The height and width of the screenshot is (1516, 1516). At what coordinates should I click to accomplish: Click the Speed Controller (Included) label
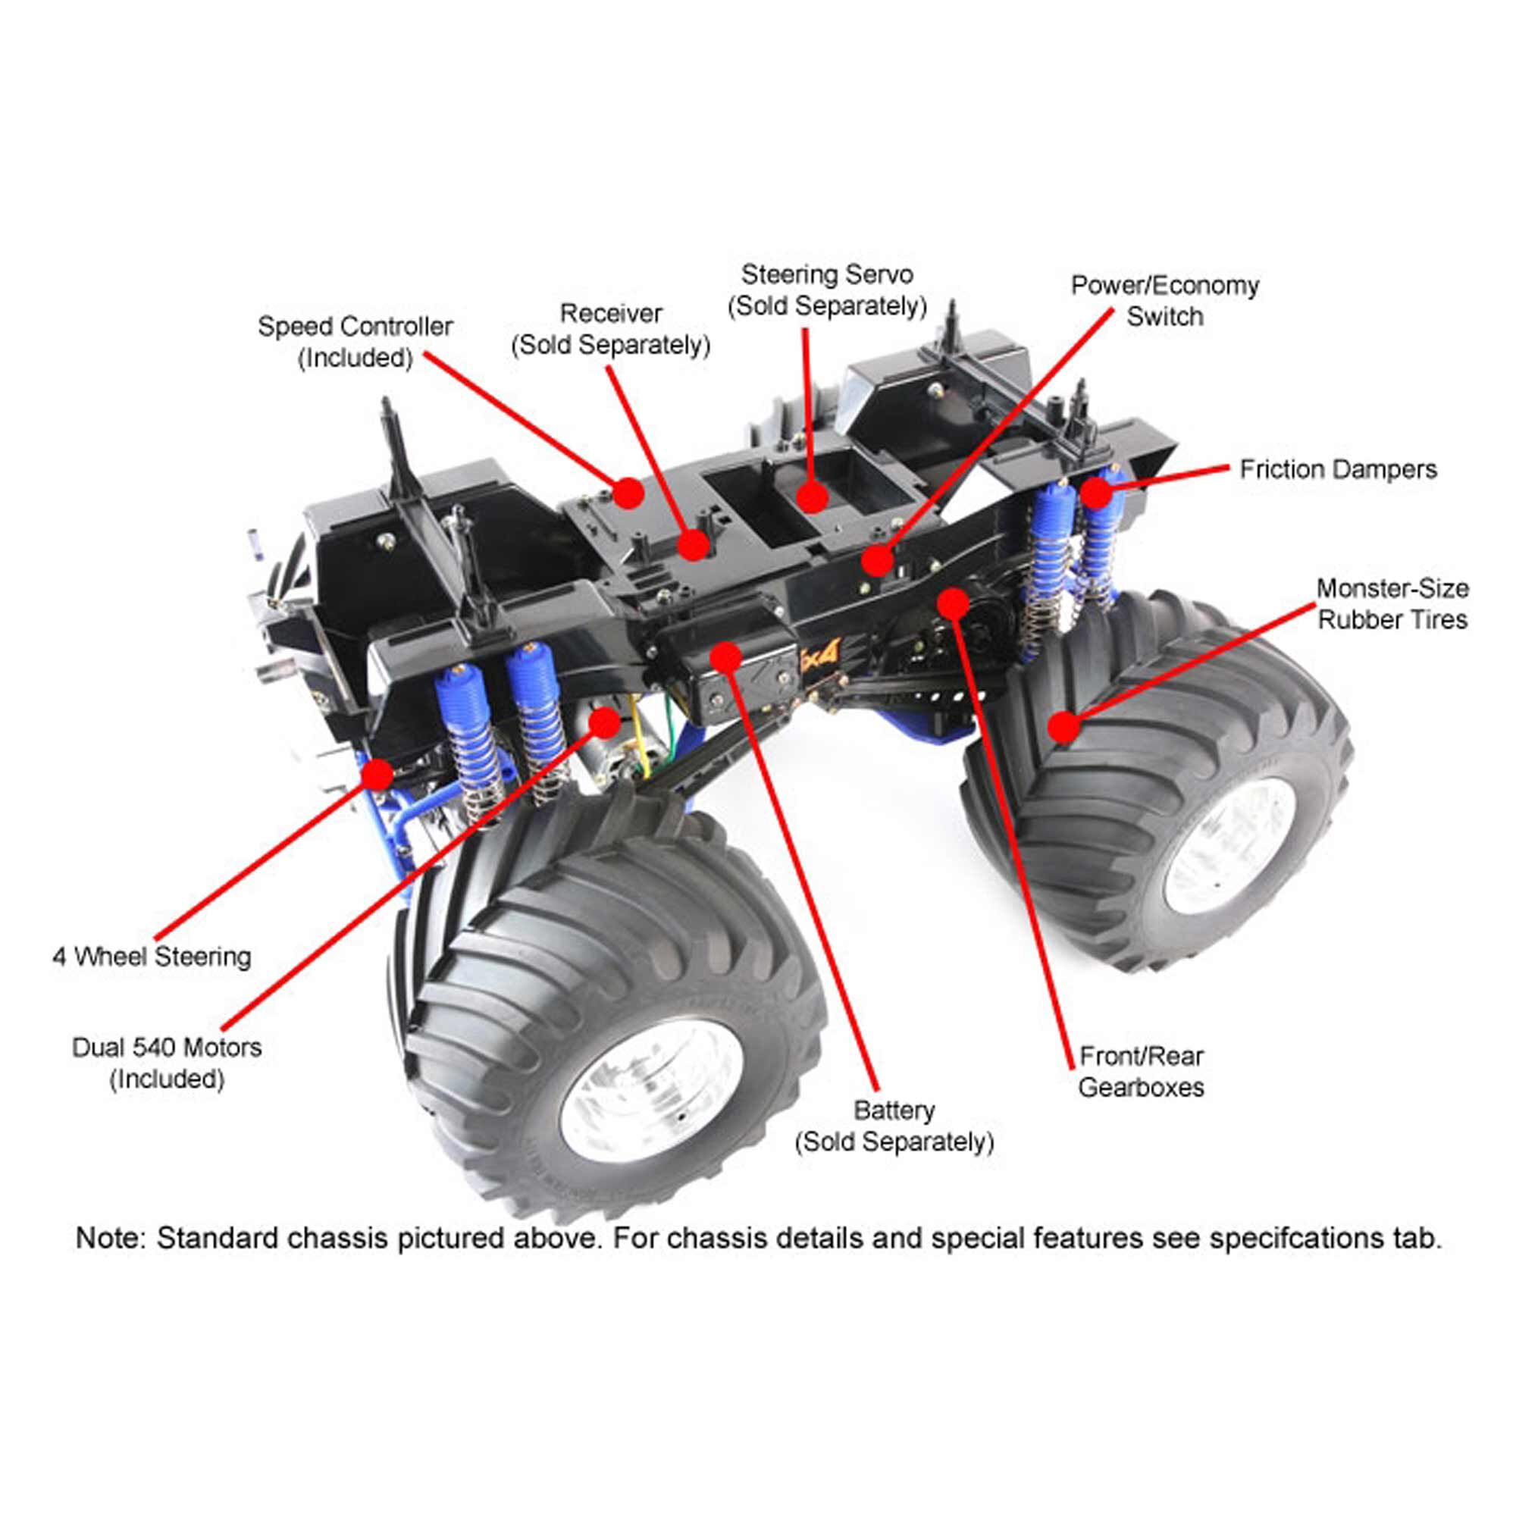(355, 342)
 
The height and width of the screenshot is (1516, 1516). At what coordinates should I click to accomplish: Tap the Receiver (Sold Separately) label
(610, 330)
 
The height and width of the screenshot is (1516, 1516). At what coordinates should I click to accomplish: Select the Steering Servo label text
(827, 290)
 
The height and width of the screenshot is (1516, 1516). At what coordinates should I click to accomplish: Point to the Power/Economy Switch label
(1164, 300)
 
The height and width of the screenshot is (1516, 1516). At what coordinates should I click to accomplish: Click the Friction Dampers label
(1337, 470)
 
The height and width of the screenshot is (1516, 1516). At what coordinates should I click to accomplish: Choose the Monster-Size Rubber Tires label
(1391, 604)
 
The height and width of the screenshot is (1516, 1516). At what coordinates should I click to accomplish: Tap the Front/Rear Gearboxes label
(1141, 1072)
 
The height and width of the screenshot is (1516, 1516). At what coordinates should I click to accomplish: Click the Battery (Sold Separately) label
(894, 1126)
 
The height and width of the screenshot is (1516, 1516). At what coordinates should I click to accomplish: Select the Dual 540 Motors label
(166, 1063)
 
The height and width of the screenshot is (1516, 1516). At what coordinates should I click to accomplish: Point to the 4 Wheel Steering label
(152, 957)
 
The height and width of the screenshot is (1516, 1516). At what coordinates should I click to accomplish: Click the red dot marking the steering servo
(812, 496)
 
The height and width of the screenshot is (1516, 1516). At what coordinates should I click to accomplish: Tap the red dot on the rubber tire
(1064, 728)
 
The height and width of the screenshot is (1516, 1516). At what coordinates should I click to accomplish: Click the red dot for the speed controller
(628, 493)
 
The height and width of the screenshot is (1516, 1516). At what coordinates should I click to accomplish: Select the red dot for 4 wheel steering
(377, 775)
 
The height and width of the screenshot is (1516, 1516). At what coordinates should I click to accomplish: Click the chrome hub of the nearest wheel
(651, 1091)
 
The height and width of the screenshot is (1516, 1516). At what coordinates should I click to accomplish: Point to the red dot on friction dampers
(1096, 493)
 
